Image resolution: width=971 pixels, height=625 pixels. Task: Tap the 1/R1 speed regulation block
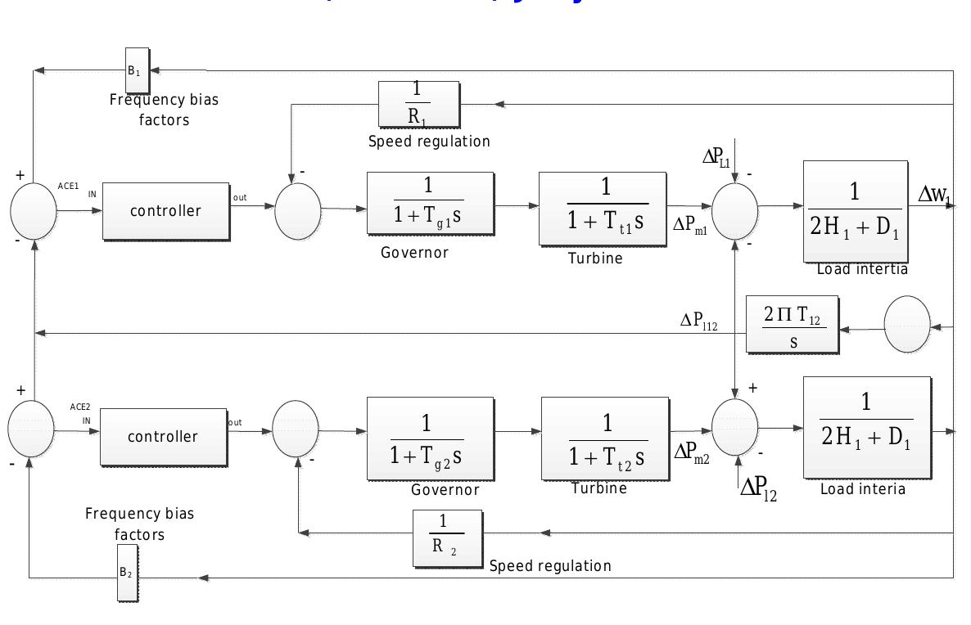coord(418,105)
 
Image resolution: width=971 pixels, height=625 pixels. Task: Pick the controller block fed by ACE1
coord(165,211)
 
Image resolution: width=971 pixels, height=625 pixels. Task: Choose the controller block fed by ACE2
coord(163,437)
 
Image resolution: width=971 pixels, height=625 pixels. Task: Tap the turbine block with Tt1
coord(602,208)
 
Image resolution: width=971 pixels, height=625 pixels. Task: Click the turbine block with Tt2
coord(604,438)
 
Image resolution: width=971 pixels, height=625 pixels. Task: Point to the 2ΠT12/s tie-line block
coord(792,325)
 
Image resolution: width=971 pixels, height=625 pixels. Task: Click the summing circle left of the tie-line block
coord(907,325)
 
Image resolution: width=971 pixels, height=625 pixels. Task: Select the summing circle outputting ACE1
coord(34,211)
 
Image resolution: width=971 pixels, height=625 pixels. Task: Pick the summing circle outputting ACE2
coord(31,429)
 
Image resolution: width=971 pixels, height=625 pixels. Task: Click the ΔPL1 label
coord(716,158)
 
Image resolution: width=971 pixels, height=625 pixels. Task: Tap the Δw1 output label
coord(936,194)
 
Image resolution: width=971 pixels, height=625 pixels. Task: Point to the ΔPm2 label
coord(692,452)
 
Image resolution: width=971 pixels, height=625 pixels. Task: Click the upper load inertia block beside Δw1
coord(855,211)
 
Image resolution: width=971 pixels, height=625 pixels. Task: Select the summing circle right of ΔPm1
coord(735,211)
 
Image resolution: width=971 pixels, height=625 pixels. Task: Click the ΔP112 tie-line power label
coord(698,321)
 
